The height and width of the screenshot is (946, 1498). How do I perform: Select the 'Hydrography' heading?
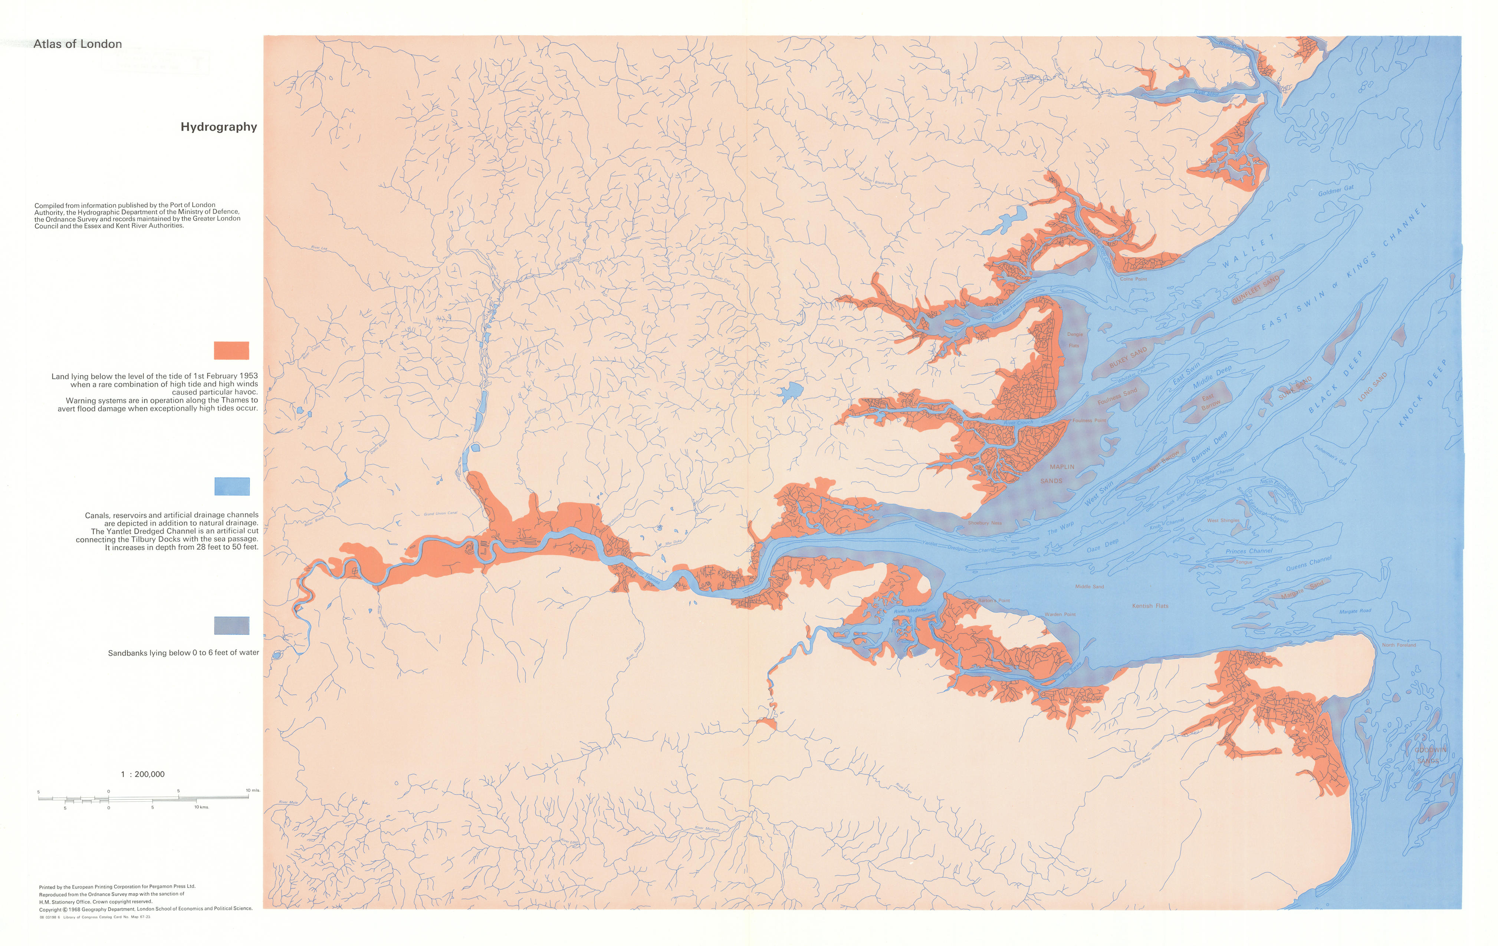219,127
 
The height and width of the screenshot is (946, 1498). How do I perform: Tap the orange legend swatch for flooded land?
231,350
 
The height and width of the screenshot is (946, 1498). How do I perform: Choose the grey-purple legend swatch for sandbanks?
231,625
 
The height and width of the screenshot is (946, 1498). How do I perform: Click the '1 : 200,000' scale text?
142,774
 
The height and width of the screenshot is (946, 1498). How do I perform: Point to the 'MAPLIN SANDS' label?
1058,473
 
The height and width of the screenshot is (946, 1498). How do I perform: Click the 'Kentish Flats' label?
1150,606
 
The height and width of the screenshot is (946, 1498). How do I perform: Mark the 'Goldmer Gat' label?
1336,190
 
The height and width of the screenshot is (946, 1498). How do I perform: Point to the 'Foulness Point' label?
1089,421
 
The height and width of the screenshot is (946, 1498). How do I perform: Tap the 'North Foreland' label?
1399,645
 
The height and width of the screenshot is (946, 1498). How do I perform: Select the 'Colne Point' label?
1133,279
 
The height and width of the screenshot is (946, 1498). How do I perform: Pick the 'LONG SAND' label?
1372,386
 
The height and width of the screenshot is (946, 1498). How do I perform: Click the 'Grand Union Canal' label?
440,513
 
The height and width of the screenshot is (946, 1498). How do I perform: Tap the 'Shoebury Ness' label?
985,523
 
